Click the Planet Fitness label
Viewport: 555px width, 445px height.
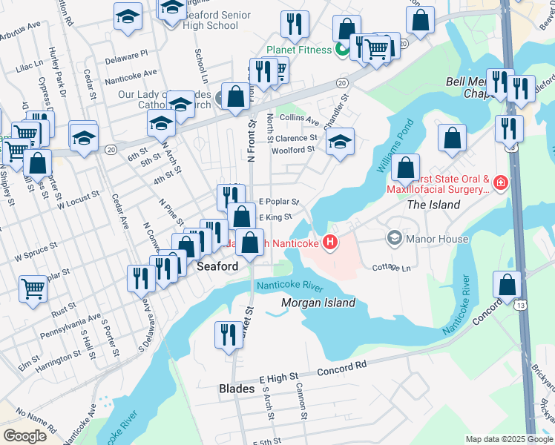tap(297, 50)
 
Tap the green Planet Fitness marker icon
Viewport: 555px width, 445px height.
tap(342, 50)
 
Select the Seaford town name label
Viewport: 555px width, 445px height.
tap(217, 266)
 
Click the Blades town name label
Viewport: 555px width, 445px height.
tap(237, 389)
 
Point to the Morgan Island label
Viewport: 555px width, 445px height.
tap(318, 303)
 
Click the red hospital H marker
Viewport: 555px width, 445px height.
tap(330, 243)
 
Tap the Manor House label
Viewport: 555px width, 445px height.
tap(438, 239)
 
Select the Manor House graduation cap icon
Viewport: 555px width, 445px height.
tap(394, 238)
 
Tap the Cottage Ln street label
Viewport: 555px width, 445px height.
tap(392, 268)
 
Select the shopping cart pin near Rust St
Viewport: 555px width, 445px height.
tap(33, 288)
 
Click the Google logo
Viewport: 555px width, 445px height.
tap(24, 436)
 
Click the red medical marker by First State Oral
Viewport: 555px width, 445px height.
tap(502, 182)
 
